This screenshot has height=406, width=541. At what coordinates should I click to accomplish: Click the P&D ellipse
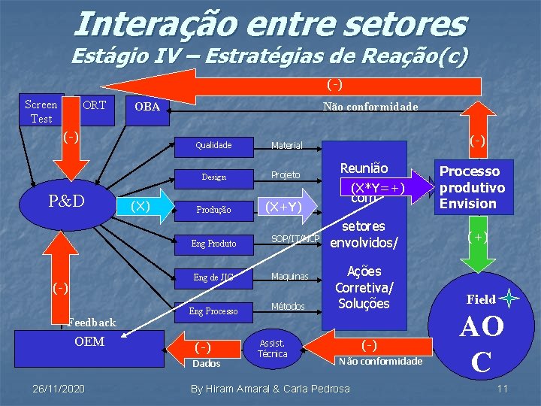(66, 201)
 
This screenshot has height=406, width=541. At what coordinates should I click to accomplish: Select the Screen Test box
(41, 111)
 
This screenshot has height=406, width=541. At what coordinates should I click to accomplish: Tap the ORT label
(94, 105)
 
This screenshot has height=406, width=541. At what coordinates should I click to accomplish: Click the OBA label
(147, 107)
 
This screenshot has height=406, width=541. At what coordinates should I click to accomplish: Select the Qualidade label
(213, 145)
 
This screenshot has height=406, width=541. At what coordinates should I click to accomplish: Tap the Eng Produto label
(213, 244)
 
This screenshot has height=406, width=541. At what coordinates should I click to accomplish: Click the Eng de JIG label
(213, 277)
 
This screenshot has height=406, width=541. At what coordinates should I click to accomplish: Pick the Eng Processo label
(213, 311)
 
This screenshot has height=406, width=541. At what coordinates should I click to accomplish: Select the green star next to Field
(509, 298)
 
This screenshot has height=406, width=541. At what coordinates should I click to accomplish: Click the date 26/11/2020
(59, 388)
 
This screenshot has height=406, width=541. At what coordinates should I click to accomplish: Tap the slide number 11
(503, 388)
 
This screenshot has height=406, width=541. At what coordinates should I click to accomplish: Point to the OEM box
(89, 343)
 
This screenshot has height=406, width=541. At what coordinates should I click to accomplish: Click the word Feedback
(92, 323)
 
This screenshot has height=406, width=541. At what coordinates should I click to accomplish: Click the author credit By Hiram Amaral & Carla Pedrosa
(270, 388)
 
